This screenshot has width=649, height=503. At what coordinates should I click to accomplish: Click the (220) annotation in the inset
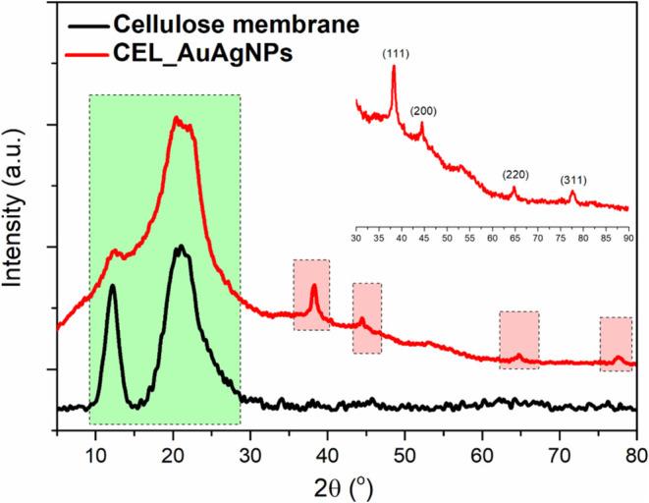(515, 175)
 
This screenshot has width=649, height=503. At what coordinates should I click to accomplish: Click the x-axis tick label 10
(96, 455)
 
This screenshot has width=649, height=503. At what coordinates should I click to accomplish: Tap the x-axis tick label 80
(637, 455)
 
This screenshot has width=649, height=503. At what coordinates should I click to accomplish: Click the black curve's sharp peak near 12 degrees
(113, 286)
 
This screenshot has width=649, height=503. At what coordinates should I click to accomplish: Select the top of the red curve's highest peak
(177, 118)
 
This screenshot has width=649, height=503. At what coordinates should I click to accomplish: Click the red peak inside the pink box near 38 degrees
(313, 286)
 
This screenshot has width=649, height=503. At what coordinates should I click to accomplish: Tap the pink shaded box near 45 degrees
(366, 317)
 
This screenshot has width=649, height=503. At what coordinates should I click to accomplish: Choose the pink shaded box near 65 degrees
(518, 340)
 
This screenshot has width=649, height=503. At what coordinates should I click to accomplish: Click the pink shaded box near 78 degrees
(616, 344)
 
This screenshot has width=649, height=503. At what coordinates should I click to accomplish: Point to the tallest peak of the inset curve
(394, 67)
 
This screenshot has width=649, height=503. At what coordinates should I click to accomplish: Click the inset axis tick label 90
(627, 238)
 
